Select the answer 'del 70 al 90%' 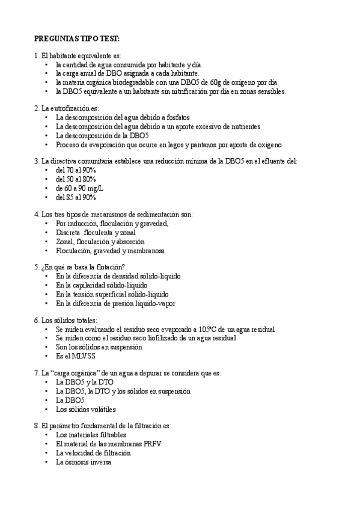76,170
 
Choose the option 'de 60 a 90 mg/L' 79,188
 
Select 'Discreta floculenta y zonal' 96,232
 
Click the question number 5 37,267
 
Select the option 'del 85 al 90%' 76,197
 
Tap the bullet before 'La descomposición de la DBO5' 47,135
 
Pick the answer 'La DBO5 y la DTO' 84,382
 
